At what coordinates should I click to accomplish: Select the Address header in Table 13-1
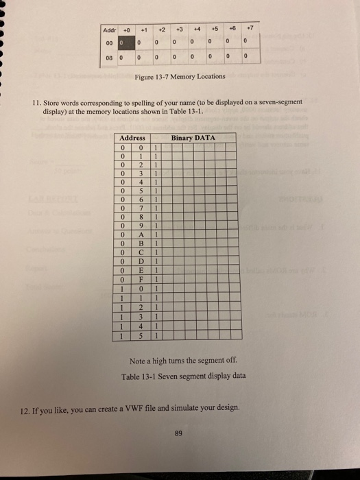point(132,138)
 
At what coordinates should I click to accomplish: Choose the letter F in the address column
point(141,280)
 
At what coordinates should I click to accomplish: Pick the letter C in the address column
point(141,252)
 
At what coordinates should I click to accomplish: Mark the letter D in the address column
point(141,261)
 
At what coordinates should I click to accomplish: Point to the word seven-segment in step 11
point(280,101)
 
